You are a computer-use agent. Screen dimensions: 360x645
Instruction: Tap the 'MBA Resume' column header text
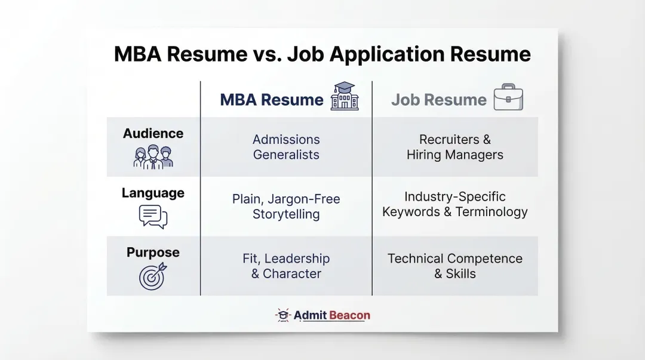(x=272, y=100)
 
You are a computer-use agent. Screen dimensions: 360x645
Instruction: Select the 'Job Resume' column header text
(x=439, y=100)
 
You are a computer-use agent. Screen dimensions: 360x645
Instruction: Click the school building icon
(x=345, y=97)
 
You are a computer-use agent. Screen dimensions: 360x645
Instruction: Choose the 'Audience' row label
(x=153, y=134)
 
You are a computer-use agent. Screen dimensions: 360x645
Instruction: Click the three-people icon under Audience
(x=153, y=157)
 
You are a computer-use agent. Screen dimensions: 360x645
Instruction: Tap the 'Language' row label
(x=153, y=193)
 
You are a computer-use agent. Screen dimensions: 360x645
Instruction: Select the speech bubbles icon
(x=153, y=217)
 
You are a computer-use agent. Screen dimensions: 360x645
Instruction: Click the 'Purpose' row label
(x=153, y=253)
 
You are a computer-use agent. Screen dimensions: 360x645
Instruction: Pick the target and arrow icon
(x=152, y=276)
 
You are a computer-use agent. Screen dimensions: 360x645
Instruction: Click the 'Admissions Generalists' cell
(x=286, y=147)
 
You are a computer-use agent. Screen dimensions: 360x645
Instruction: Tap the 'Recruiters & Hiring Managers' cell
(x=455, y=147)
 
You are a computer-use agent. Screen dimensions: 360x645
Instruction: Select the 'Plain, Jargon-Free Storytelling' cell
(x=286, y=207)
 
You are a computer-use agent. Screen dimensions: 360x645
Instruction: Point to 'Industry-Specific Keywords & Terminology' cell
(x=455, y=204)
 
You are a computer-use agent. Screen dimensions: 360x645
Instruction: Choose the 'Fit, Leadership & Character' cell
(x=286, y=266)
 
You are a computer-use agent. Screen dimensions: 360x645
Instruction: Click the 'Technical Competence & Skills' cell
(x=455, y=266)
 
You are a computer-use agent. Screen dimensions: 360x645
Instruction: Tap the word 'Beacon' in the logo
(x=349, y=315)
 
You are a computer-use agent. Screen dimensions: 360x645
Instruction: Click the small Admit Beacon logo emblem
(x=282, y=315)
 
